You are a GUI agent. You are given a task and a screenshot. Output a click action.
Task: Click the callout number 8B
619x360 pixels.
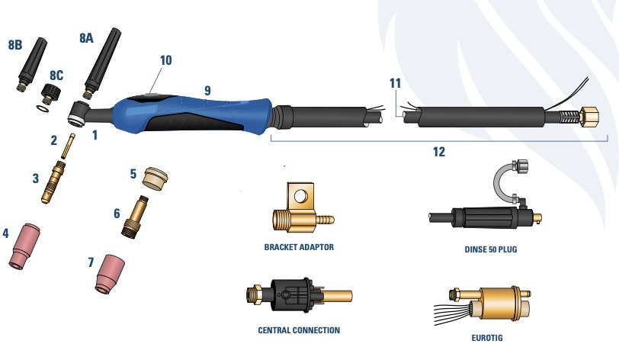coord(15,45)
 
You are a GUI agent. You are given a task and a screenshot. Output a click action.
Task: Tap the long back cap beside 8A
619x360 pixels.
coord(102,63)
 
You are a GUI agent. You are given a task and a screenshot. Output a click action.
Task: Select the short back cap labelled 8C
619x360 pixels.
coord(52,92)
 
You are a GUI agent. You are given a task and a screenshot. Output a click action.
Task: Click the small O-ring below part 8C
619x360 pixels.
coord(43,108)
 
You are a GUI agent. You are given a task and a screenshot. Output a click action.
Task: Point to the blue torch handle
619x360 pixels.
coord(192,114)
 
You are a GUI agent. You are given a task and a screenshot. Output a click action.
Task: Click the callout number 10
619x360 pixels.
coord(166,60)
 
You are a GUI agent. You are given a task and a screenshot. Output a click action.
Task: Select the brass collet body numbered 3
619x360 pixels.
coord(53,182)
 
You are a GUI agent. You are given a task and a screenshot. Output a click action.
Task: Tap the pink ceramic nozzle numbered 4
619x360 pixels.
coord(25,247)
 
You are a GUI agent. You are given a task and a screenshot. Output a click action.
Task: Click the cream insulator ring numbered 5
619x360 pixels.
coord(156,179)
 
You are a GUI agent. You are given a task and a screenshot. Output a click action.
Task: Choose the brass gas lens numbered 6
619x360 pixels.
coord(135,216)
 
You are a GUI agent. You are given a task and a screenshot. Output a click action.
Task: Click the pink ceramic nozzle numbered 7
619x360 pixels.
coord(110,274)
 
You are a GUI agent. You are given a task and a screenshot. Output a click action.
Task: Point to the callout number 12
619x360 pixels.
coord(438,152)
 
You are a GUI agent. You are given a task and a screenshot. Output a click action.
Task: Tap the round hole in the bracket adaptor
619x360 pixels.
coord(300,194)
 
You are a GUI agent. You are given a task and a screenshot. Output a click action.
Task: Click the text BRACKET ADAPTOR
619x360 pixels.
coord(299,247)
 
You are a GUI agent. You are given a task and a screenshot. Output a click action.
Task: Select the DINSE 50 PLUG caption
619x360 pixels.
coord(491,249)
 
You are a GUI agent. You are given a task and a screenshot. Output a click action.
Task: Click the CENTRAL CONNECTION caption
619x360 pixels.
coord(299,330)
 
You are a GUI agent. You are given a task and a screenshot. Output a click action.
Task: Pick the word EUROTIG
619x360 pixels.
coord(487,338)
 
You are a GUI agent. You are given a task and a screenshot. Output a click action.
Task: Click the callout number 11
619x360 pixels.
coord(395,83)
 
